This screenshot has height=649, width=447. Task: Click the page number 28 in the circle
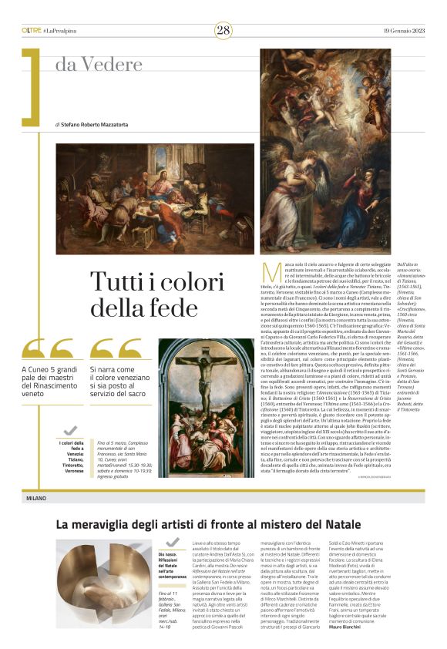click(x=223, y=30)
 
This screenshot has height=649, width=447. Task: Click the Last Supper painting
click(x=154, y=198)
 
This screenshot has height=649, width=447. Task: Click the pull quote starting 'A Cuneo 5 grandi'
click(x=50, y=385)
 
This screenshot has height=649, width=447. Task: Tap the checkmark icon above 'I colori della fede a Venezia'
click(x=70, y=431)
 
